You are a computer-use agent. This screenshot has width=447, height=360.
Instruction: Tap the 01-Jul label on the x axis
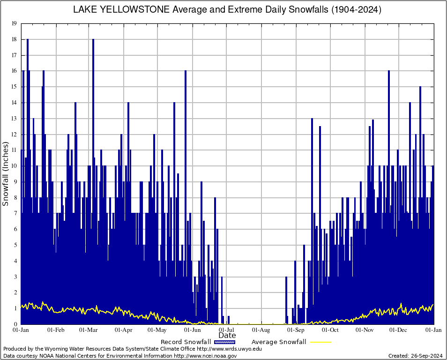pyautogui.click(x=227, y=330)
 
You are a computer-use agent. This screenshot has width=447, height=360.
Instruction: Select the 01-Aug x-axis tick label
pyautogui.click(x=261, y=330)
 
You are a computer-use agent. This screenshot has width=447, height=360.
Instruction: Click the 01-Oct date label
pyautogui.click(x=330, y=330)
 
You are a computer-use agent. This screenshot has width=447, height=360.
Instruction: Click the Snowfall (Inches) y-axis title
pyautogui.click(x=6, y=174)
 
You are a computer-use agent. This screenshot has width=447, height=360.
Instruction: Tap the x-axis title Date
pyautogui.click(x=227, y=336)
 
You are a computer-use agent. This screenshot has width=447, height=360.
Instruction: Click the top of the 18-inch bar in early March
pyautogui.click(x=93, y=40)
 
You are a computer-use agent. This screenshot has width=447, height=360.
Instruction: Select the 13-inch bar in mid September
pyautogui.click(x=312, y=120)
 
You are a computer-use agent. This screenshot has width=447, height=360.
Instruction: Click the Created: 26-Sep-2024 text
pyautogui.click(x=416, y=356)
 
